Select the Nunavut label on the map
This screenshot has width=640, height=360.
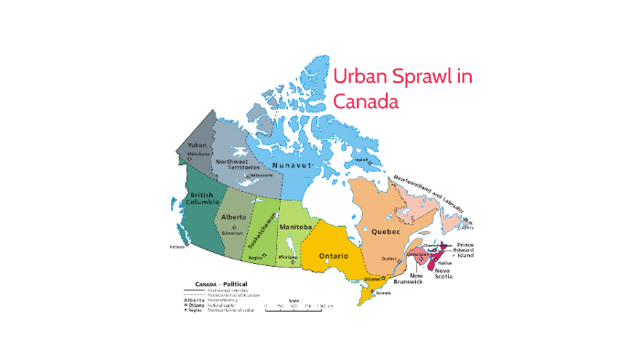tap(311, 165)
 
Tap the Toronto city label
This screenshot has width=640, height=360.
tap(383, 292)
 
